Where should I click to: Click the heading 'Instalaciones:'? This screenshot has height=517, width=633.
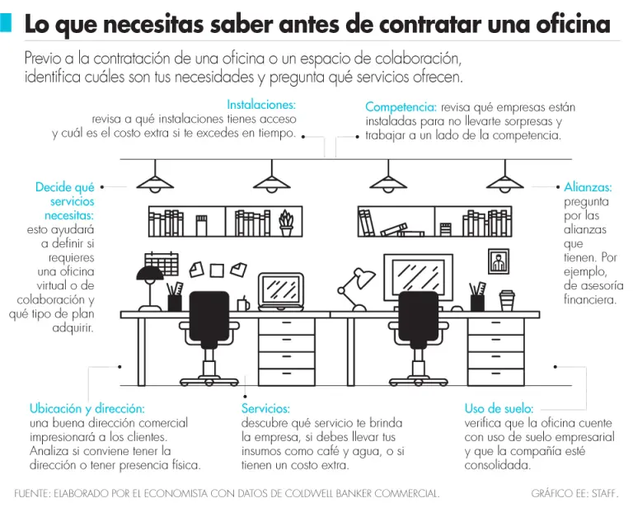[x=261, y=105]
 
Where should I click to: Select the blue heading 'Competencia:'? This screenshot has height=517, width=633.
[x=401, y=107]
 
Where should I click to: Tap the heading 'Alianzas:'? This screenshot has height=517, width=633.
[x=588, y=187]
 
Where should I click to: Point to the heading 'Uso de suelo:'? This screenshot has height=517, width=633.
[x=499, y=408]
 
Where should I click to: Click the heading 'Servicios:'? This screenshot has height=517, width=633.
[x=265, y=408]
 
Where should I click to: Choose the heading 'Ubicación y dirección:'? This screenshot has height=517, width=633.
[x=87, y=409]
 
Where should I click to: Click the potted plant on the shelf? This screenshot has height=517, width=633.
[x=286, y=223]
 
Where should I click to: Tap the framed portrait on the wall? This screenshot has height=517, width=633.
[x=499, y=261]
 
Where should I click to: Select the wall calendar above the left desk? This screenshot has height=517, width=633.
[x=162, y=263]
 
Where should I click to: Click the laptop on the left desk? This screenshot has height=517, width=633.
[x=281, y=292]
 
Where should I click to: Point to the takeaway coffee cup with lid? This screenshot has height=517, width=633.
[x=507, y=300]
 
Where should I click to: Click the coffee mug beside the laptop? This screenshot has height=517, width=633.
[x=243, y=303]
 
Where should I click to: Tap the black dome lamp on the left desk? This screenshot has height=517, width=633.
[x=150, y=289]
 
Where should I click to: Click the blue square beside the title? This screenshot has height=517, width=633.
[x=6, y=22]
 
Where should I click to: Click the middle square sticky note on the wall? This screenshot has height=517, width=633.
[x=217, y=270]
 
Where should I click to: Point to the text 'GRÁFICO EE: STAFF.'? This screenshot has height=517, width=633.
[x=574, y=493]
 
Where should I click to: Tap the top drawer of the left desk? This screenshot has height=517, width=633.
[x=287, y=327]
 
